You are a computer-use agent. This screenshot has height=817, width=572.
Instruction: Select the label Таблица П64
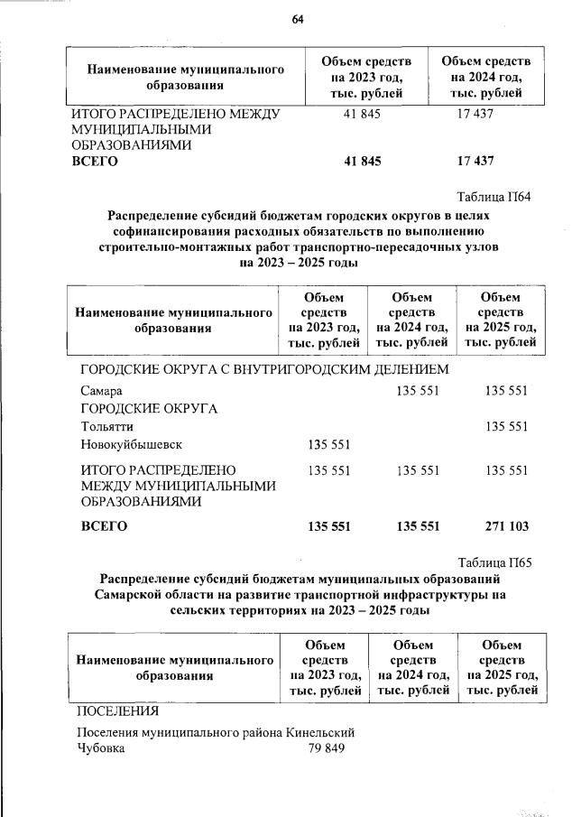click(494, 198)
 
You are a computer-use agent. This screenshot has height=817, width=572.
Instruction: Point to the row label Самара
click(100, 391)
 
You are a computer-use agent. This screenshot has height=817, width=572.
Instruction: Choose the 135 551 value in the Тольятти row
click(506, 426)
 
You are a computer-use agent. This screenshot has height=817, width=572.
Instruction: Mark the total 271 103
click(506, 526)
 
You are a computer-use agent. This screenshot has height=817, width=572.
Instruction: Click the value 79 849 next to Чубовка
click(326, 748)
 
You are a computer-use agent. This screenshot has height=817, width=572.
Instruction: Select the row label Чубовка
click(101, 748)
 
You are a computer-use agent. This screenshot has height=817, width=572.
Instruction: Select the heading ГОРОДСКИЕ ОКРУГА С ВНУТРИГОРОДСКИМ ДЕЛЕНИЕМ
click(264, 369)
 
